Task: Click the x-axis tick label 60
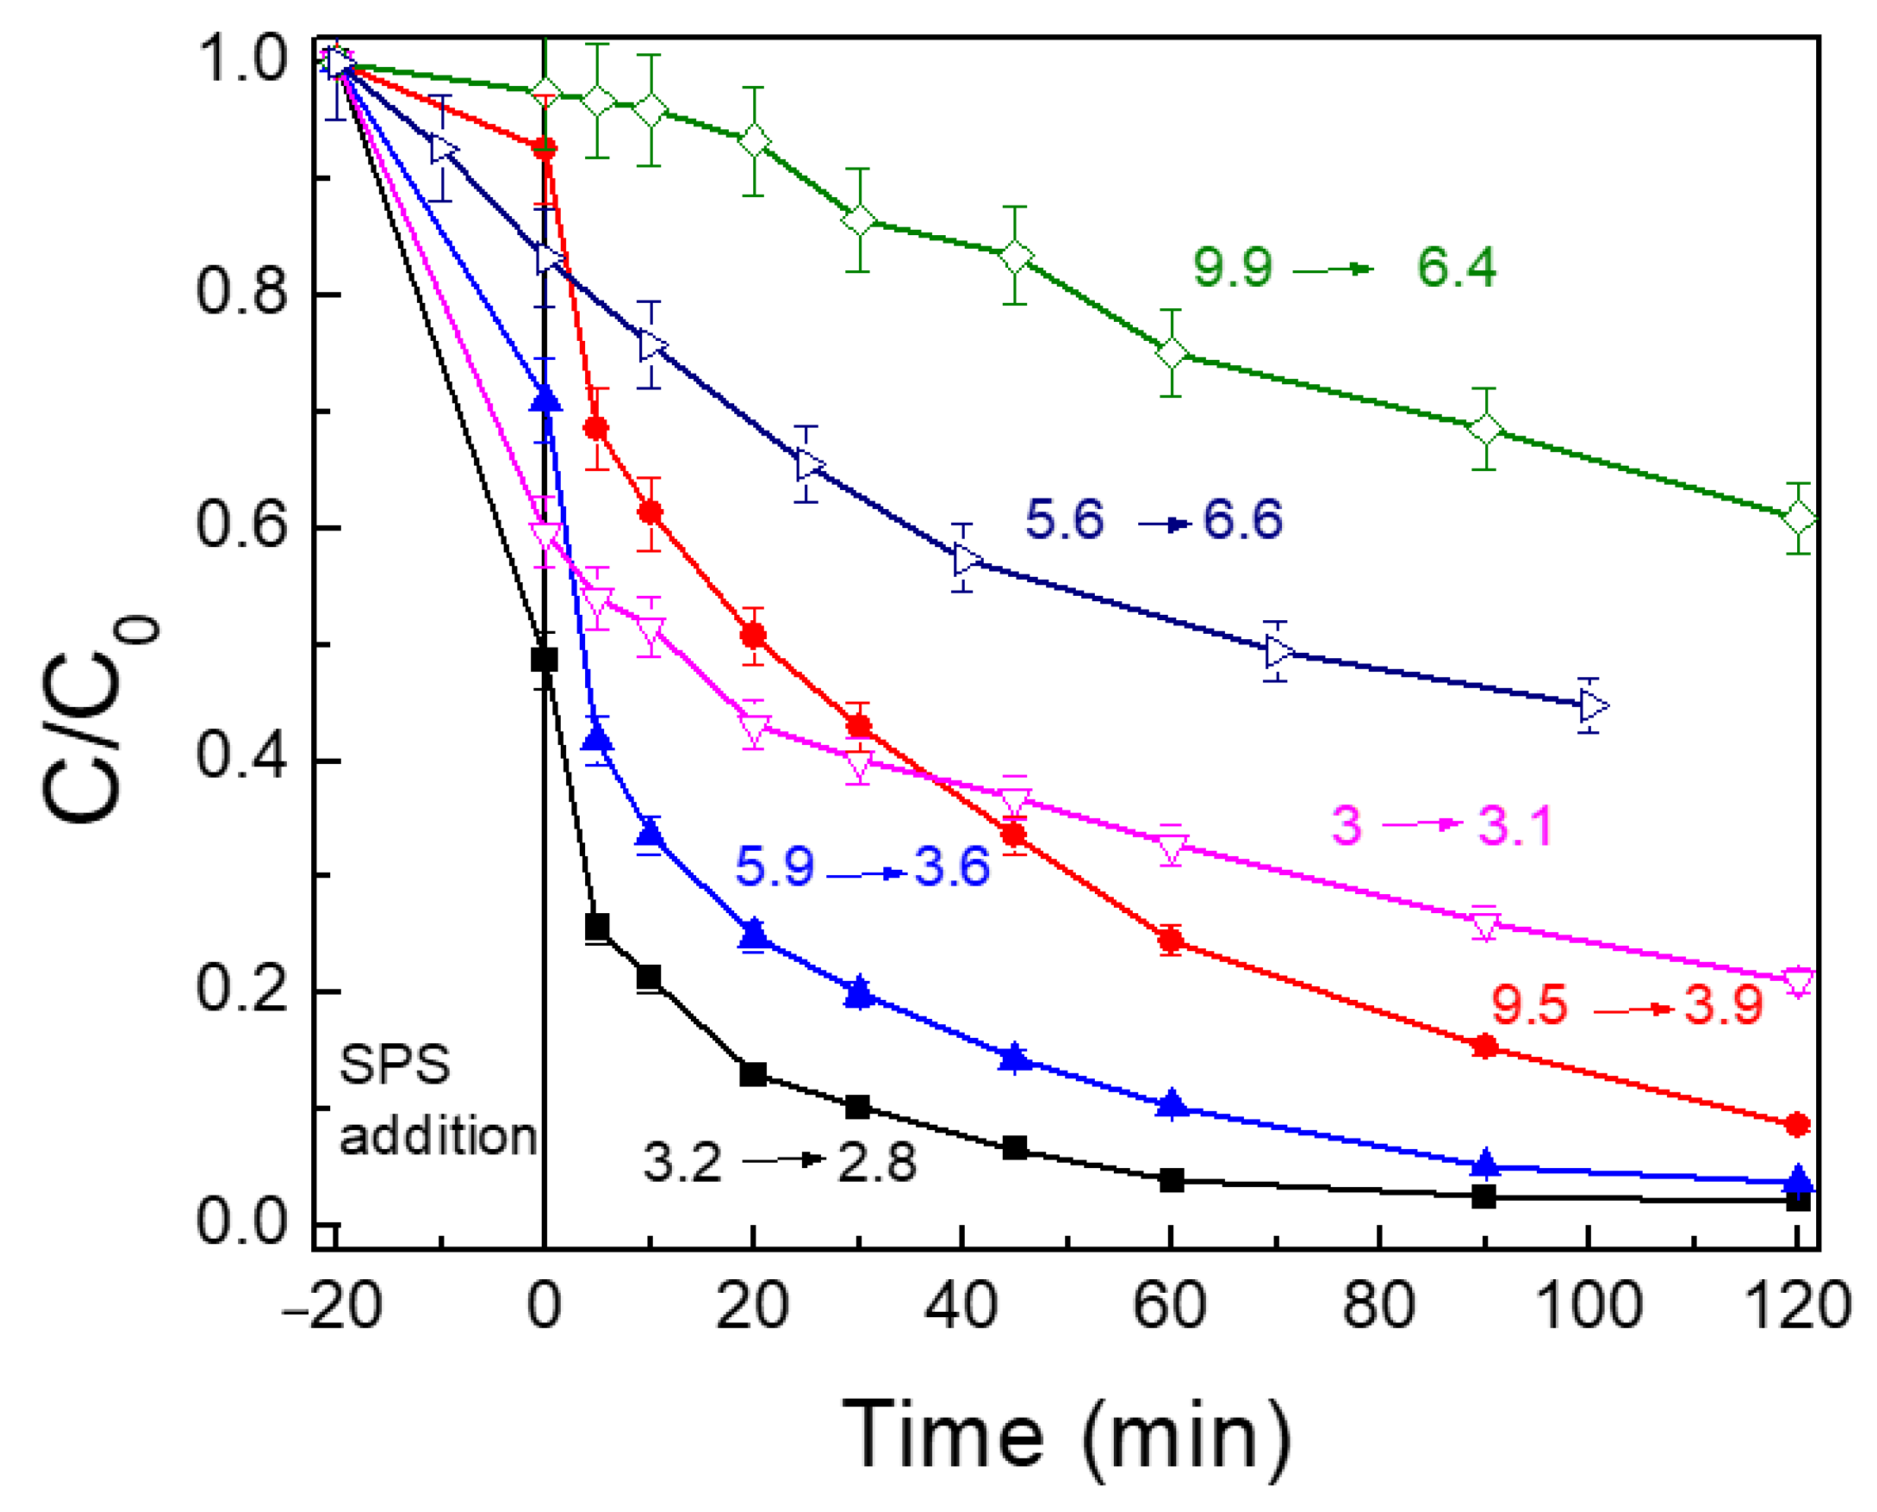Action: pyautogui.click(x=1169, y=1306)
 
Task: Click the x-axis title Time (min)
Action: pyautogui.click(x=1064, y=1435)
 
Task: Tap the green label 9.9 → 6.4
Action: pyautogui.click(x=1343, y=266)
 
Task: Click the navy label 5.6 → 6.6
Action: pyautogui.click(x=1153, y=520)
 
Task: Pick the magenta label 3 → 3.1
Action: pyautogui.click(x=1442, y=825)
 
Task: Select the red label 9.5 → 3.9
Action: pyautogui.click(x=1626, y=1005)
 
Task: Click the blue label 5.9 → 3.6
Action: pyautogui.click(x=862, y=867)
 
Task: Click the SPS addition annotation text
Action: pyautogui.click(x=435, y=1100)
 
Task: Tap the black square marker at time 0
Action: pyautogui.click(x=544, y=659)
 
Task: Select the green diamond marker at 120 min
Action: pyautogui.click(x=1799, y=518)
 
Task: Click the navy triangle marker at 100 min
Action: pyautogui.click(x=1592, y=705)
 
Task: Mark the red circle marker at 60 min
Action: pyautogui.click(x=1172, y=940)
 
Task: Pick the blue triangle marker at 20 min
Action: pyautogui.click(x=754, y=934)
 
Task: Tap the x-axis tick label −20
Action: pyautogui.click(x=332, y=1306)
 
